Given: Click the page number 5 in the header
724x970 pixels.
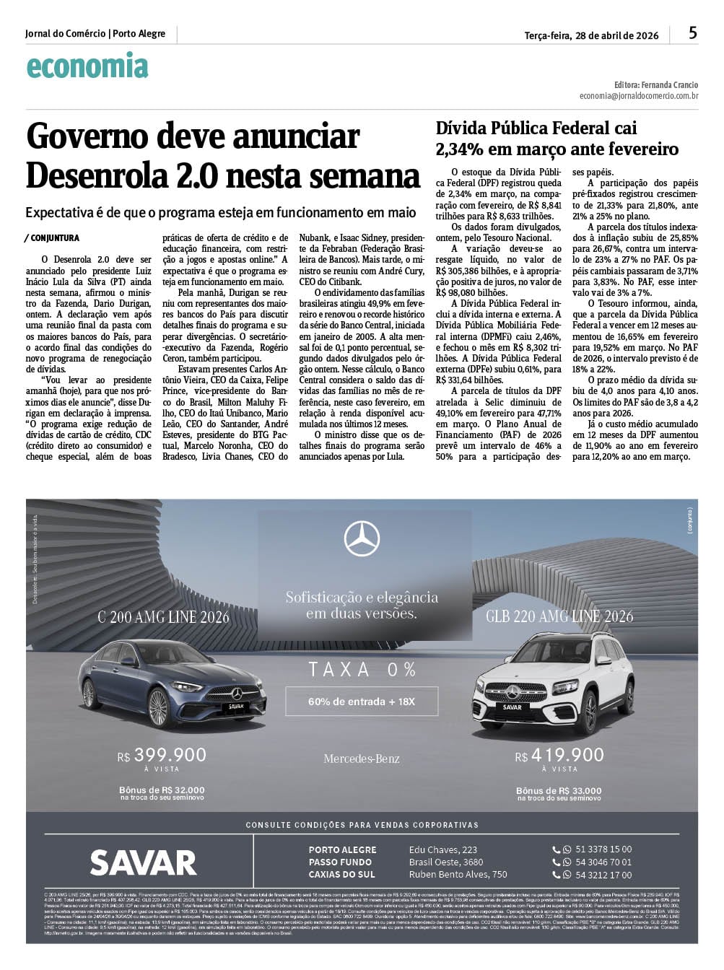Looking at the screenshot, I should tap(693, 33).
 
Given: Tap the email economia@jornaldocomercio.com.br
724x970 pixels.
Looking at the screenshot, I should tap(638, 96).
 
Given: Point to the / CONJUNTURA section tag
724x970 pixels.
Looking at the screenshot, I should tap(52, 238).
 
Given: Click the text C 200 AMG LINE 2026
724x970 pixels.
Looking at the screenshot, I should tap(163, 617).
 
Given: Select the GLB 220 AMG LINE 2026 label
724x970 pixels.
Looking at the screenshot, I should tap(559, 616).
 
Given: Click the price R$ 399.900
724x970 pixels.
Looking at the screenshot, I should tap(162, 755).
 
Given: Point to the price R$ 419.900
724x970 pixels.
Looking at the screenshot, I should tap(559, 755).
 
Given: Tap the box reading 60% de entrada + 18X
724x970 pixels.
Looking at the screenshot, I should tap(362, 702).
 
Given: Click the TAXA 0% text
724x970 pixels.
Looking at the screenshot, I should tap(362, 670).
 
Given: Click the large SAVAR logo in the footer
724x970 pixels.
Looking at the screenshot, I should tap(143, 862).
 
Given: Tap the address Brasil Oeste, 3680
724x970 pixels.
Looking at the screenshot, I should tap(446, 862).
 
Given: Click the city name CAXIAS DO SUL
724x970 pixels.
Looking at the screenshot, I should tap(342, 875).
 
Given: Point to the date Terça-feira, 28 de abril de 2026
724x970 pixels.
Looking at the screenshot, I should tap(591, 35).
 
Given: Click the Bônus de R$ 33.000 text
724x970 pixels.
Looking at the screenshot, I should tap(559, 791).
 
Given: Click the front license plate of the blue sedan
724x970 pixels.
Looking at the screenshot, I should tap(236, 707).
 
